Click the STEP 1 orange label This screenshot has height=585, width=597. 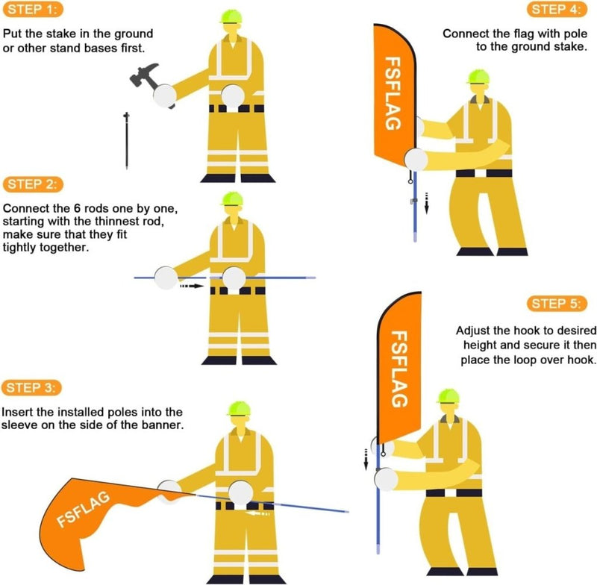(x=33, y=9)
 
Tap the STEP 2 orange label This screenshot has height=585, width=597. (x=33, y=184)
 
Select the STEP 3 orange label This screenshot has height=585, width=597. (x=31, y=387)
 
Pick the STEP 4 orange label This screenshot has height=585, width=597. (x=557, y=9)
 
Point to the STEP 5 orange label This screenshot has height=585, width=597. (x=557, y=304)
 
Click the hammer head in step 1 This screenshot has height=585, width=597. (x=143, y=75)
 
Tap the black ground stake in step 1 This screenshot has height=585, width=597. (x=126, y=141)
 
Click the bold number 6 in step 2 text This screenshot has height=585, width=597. (x=78, y=209)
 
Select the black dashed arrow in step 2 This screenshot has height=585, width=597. (x=192, y=286)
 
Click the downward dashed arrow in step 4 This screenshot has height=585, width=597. (x=426, y=203)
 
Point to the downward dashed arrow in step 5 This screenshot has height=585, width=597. (x=366, y=459)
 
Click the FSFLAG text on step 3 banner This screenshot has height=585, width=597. (x=84, y=509)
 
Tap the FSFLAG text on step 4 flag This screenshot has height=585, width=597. (x=393, y=93)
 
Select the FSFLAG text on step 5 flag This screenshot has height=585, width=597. (x=400, y=369)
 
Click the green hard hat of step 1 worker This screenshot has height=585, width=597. (x=231, y=16)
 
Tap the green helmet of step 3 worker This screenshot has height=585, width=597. (x=239, y=408)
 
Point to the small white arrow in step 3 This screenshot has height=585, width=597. (x=257, y=513)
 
